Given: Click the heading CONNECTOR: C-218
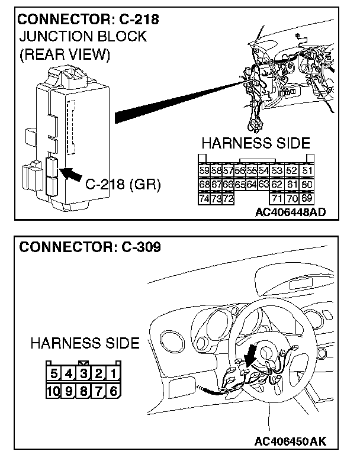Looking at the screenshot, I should pyautogui.click(x=89, y=20).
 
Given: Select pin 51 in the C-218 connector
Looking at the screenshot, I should pyautogui.click(x=307, y=170).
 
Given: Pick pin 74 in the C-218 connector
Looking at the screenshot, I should pyautogui.click(x=204, y=198).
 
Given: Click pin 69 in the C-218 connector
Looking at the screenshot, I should pyautogui.click(x=307, y=198).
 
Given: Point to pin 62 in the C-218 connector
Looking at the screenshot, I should pyautogui.click(x=277, y=185).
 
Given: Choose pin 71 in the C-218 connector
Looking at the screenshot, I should pyautogui.click(x=277, y=198).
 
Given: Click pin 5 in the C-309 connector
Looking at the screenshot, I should pyautogui.click(x=54, y=373).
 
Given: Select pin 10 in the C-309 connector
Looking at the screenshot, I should pyautogui.click(x=54, y=391).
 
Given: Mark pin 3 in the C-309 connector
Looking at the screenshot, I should pyautogui.click(x=84, y=373).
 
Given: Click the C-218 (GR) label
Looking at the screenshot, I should pyautogui.click(x=123, y=184).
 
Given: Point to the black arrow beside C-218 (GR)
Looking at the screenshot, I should pyautogui.click(x=72, y=173).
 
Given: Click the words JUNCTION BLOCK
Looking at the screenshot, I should pyautogui.click(x=83, y=37).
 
